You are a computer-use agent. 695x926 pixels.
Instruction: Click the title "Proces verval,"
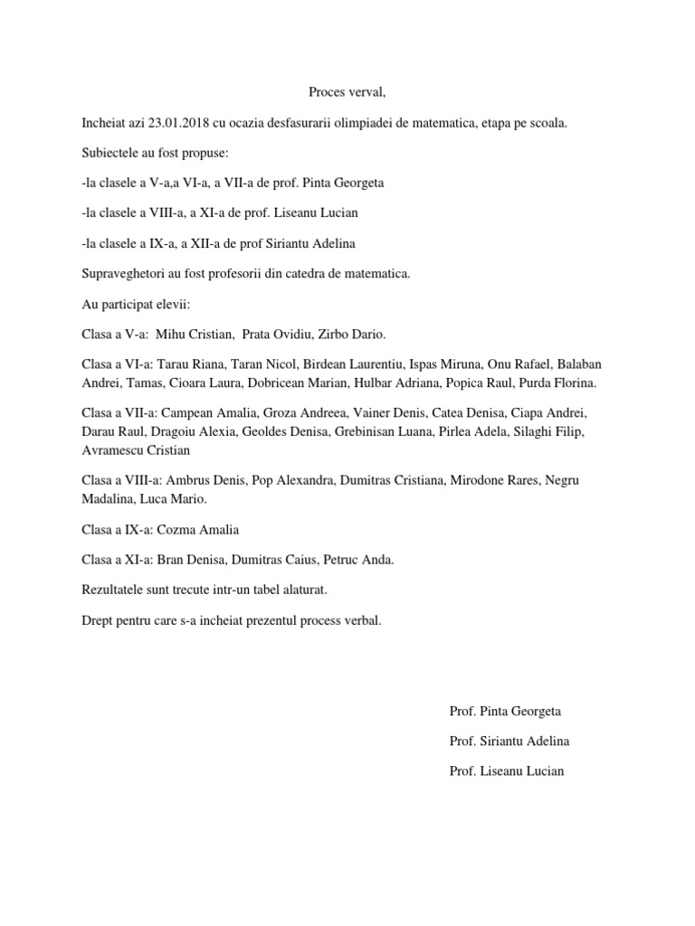coord(347,91)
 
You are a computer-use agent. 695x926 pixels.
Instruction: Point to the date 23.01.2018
coord(176,122)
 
